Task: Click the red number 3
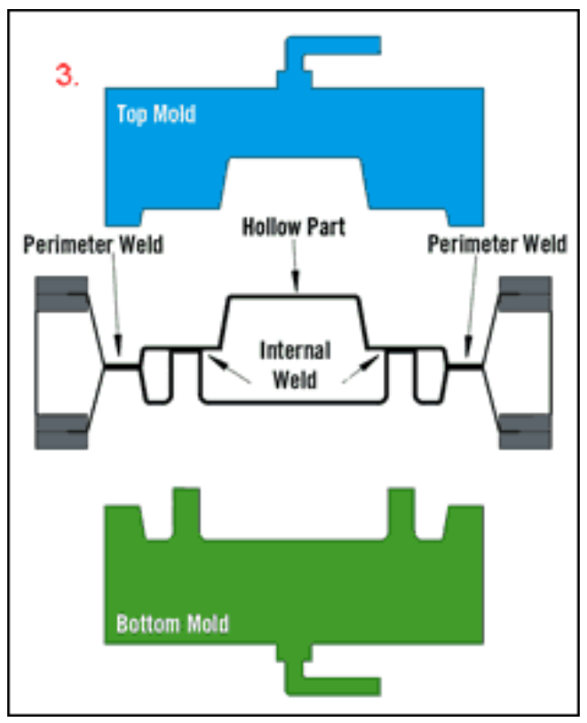pos(67,75)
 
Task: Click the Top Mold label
pos(156,115)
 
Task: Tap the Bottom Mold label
pos(172,624)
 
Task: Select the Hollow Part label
pos(293,226)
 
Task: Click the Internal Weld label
pos(294,364)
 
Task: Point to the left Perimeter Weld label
pos(94,245)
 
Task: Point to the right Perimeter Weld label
pos(497,245)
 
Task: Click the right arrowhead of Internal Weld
pos(374,361)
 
